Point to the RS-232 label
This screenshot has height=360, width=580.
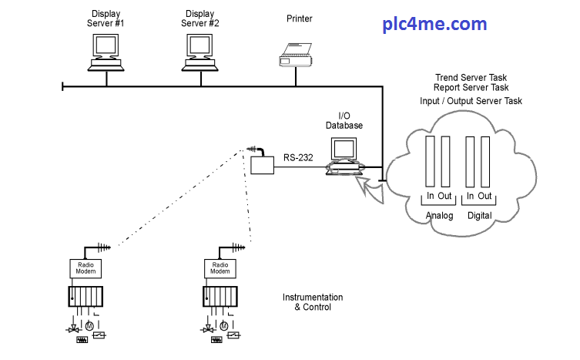click(x=298, y=157)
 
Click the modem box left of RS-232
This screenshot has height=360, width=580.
click(x=263, y=164)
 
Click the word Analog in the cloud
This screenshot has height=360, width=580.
click(x=440, y=215)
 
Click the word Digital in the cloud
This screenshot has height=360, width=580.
click(x=479, y=215)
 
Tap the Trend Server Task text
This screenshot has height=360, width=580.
click(x=471, y=78)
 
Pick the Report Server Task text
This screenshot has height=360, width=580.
click(x=471, y=88)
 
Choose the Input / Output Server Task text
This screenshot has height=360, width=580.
click(x=471, y=101)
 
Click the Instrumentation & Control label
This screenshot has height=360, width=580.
click(x=313, y=302)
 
